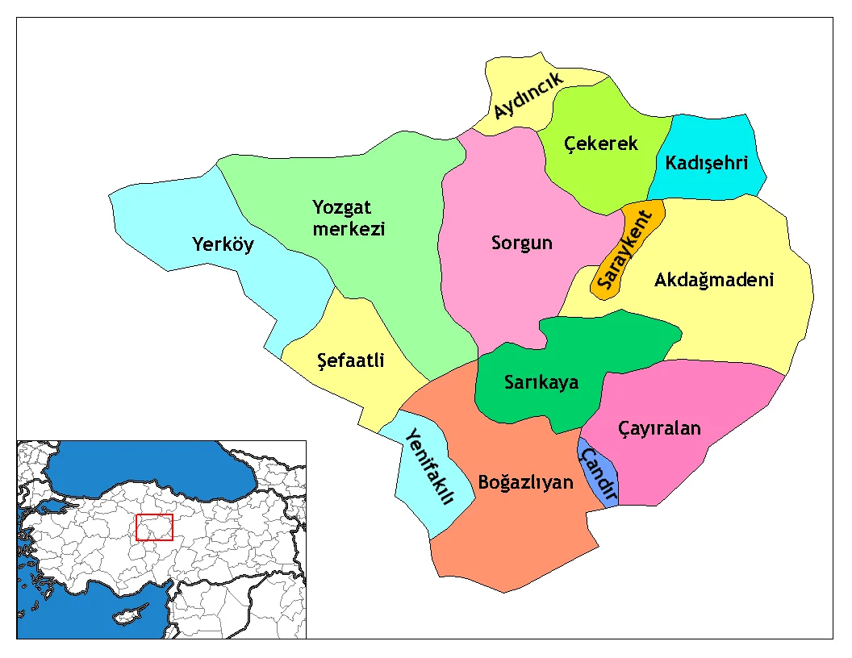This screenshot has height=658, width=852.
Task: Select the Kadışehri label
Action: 707,162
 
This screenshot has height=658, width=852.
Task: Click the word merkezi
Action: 349,229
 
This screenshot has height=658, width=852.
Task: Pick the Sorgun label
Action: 522,243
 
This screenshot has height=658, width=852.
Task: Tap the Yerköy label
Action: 223,244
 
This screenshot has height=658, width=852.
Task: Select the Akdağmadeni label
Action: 713,280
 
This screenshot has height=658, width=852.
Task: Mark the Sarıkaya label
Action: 541,382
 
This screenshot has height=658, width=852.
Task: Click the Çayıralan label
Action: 659,428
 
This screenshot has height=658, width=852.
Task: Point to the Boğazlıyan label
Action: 525,483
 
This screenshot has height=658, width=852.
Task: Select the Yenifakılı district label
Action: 428,467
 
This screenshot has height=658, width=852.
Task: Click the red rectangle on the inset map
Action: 154,527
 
